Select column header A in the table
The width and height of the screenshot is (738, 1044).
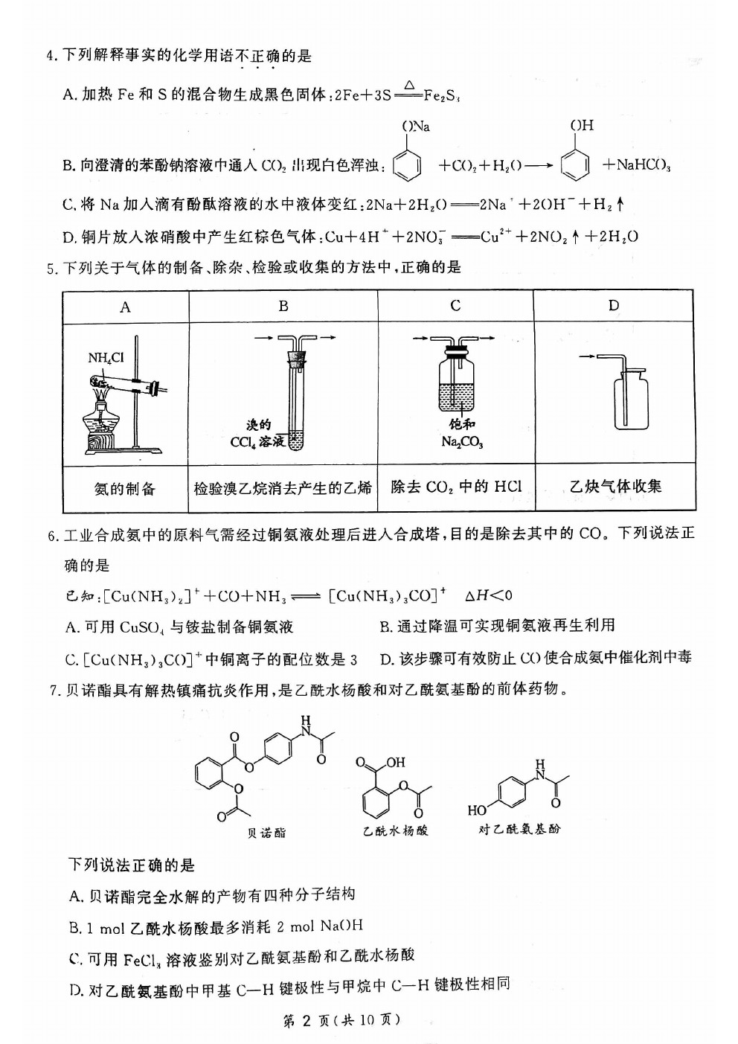[125, 307]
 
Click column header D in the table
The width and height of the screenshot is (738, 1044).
[614, 305]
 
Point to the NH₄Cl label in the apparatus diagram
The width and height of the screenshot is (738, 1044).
[106, 358]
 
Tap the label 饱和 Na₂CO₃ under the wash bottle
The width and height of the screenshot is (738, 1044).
[462, 433]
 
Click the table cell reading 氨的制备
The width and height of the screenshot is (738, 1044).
[124, 489]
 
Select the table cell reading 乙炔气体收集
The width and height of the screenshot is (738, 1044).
[615, 487]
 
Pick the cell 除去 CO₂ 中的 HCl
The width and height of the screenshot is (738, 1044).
[456, 487]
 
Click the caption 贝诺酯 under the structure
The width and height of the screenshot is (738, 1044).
[266, 833]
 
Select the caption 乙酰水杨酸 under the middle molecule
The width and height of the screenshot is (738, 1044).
[396, 830]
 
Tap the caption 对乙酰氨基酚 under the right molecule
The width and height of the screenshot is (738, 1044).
[519, 828]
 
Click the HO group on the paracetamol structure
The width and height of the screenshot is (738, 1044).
[477, 810]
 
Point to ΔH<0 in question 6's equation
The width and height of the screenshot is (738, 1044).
[488, 595]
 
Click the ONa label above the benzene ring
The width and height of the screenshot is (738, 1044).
[417, 126]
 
